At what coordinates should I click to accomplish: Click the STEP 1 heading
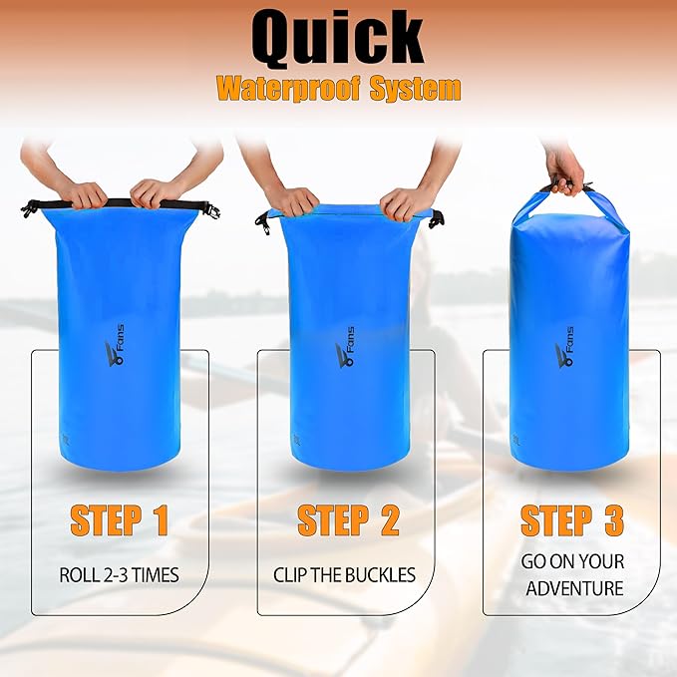118,520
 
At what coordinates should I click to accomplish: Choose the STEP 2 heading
348,520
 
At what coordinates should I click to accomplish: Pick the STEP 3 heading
572,520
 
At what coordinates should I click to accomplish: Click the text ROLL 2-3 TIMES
118,574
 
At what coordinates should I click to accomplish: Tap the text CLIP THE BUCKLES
345,574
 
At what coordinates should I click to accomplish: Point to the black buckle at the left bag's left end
30,207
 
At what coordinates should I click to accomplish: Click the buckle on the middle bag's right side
437,217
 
